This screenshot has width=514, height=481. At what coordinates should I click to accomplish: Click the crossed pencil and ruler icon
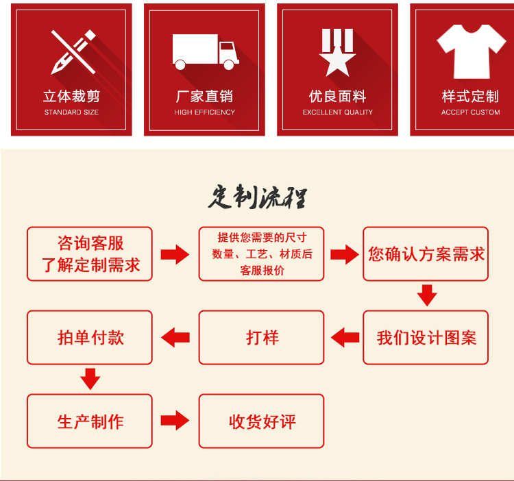click(72, 51)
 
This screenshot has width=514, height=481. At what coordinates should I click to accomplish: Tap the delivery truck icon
click(205, 52)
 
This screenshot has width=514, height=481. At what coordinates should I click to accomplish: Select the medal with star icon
click(337, 52)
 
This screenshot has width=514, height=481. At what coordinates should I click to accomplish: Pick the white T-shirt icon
click(471, 51)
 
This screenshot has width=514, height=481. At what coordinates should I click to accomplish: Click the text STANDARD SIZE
click(71, 112)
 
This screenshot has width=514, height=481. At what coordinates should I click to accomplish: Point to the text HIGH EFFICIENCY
click(204, 112)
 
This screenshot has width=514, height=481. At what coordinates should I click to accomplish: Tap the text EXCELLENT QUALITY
click(338, 112)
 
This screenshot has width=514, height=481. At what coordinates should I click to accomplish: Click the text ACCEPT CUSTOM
click(471, 112)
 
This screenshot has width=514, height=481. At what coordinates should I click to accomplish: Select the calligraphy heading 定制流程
click(257, 197)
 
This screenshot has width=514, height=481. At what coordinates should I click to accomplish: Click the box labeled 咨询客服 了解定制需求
click(90, 254)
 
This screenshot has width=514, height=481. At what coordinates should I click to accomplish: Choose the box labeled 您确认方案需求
click(426, 254)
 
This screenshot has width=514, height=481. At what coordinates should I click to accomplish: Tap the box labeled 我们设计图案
click(426, 337)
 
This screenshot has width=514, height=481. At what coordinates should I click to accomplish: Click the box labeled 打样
click(261, 337)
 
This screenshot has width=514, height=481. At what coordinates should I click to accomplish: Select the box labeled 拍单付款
click(90, 337)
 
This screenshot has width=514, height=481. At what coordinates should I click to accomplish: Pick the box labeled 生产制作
click(90, 421)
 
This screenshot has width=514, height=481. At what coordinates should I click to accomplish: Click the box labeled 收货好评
click(261, 421)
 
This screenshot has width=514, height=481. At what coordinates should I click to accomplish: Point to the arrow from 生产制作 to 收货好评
click(175, 421)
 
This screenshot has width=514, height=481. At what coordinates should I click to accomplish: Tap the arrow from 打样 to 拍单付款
click(175, 337)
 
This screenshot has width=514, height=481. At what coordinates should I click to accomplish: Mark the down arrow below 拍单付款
click(90, 378)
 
